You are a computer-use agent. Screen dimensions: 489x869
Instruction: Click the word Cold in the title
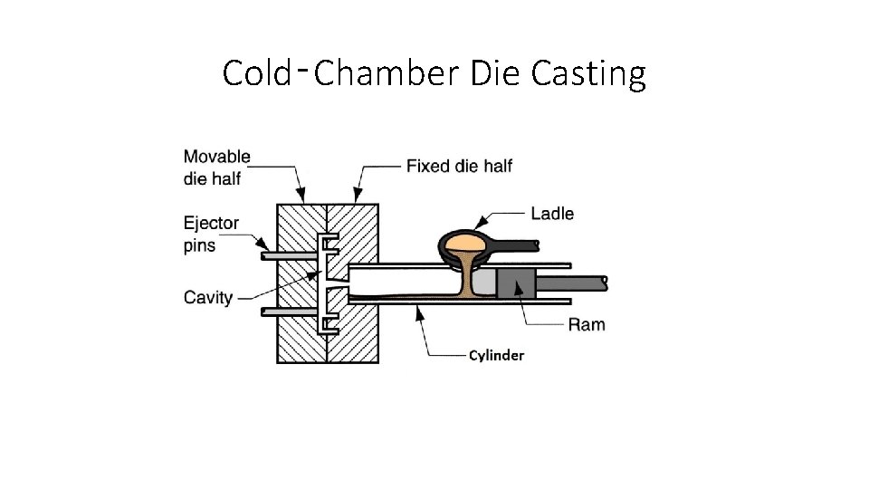point(254,73)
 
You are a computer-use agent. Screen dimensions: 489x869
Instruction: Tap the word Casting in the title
point(588,73)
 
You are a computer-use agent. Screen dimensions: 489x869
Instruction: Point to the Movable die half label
point(217,168)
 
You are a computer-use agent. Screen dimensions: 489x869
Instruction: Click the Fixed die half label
point(459,166)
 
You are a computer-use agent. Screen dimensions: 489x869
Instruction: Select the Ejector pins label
point(211,234)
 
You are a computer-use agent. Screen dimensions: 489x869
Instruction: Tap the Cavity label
point(208,297)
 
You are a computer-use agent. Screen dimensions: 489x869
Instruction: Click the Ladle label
point(552,214)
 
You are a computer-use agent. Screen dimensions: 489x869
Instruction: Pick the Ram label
point(587,324)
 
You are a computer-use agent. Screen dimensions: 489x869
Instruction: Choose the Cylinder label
point(496,355)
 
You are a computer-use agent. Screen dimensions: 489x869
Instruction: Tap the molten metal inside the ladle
point(464,243)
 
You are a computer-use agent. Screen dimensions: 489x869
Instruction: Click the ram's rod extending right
point(575,283)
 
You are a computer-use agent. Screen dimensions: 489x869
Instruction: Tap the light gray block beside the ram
point(485,283)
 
